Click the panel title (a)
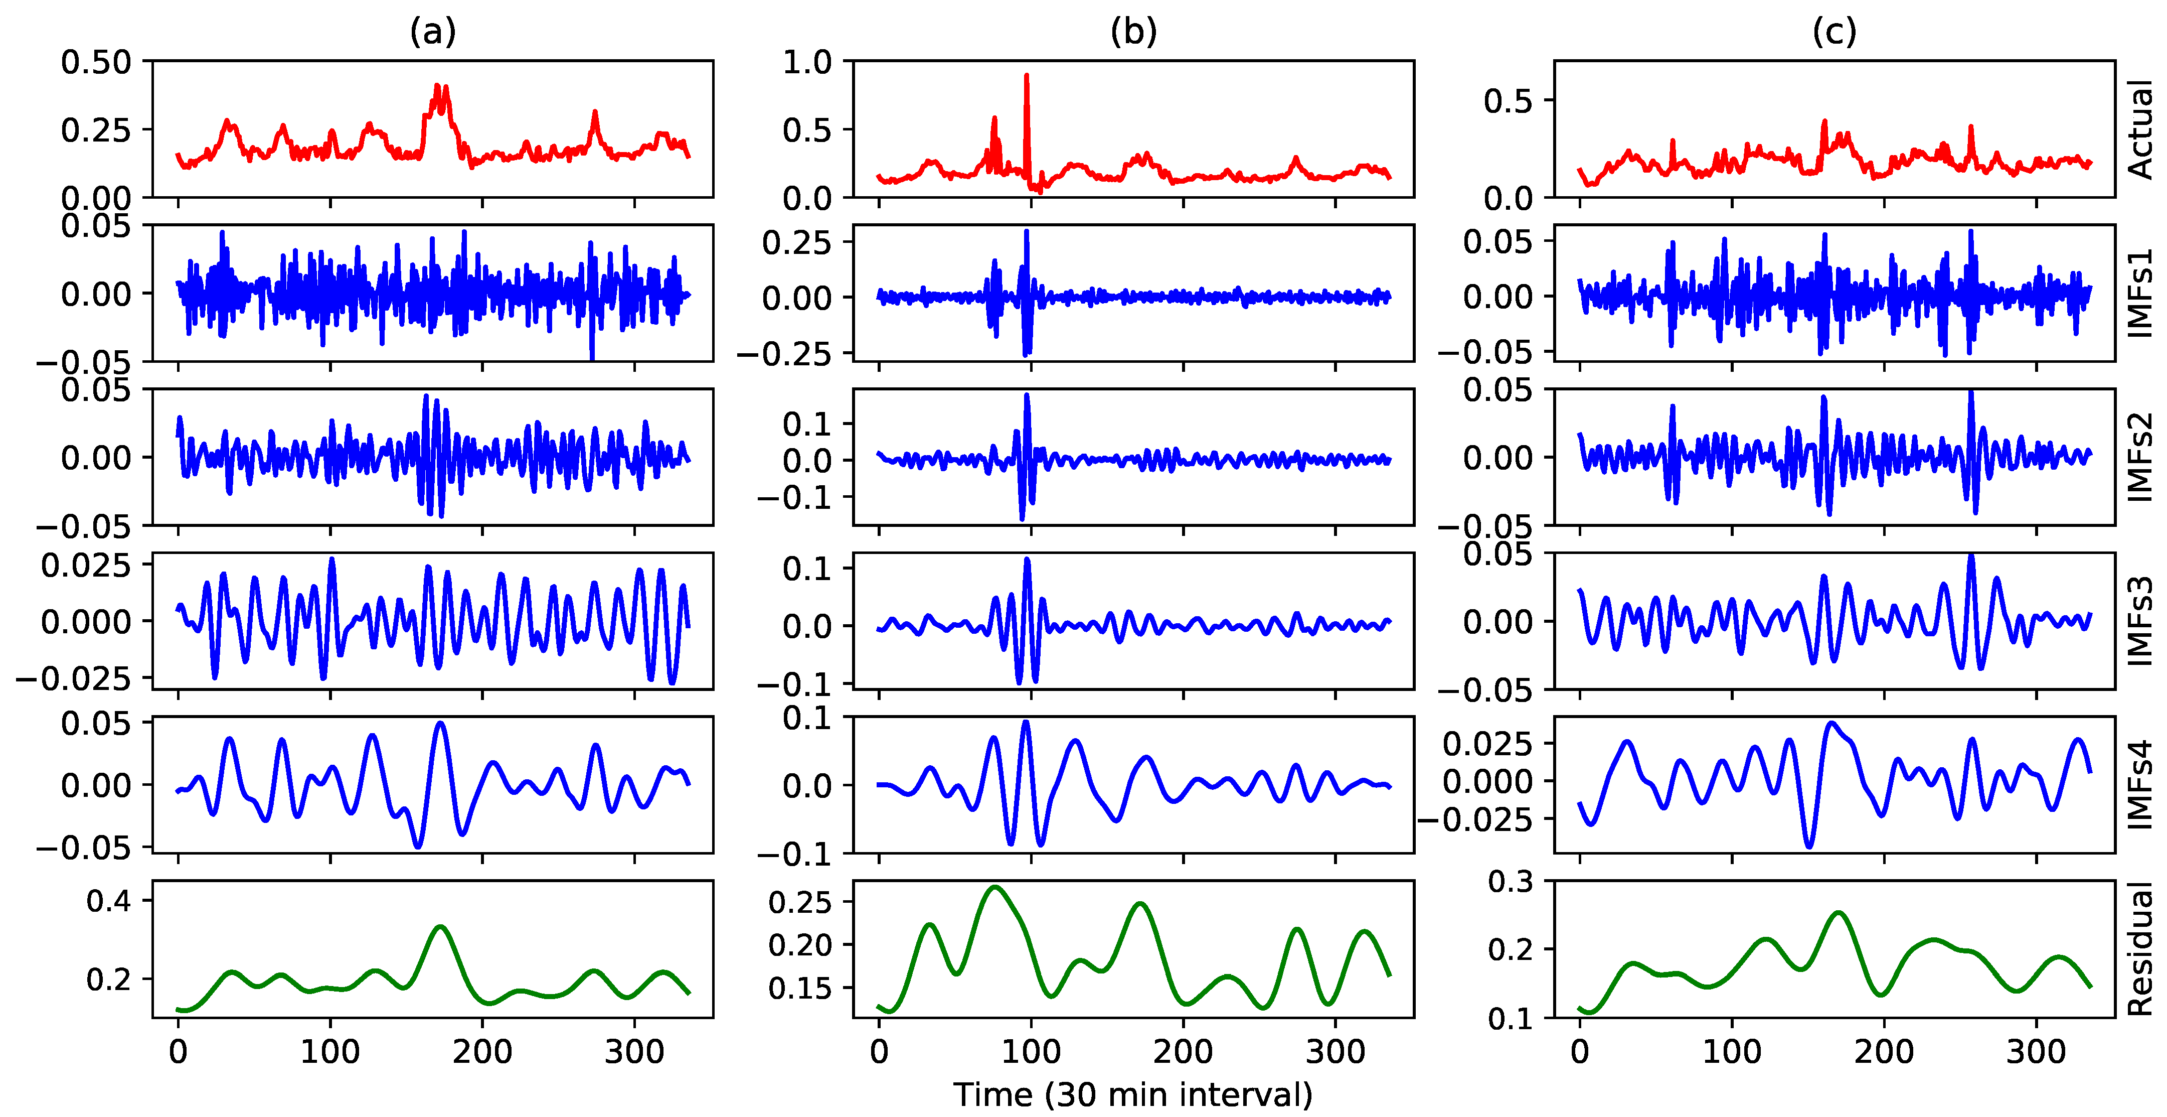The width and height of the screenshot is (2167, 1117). (432, 32)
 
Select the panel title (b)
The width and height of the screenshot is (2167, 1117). (1133, 32)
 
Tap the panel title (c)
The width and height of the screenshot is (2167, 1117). (1834, 32)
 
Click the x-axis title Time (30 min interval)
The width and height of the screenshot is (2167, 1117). (1133, 1094)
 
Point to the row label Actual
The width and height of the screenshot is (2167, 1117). (2141, 129)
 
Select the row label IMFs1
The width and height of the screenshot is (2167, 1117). (2141, 293)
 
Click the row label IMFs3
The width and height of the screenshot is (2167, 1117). (2141, 621)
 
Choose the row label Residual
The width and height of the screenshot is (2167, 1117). (2141, 949)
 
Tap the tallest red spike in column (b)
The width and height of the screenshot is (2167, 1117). (1026, 76)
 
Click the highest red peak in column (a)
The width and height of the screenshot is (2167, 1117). (437, 85)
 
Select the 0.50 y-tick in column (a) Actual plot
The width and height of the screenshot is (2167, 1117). (96, 61)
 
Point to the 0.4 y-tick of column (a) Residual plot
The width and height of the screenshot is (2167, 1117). (108, 901)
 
